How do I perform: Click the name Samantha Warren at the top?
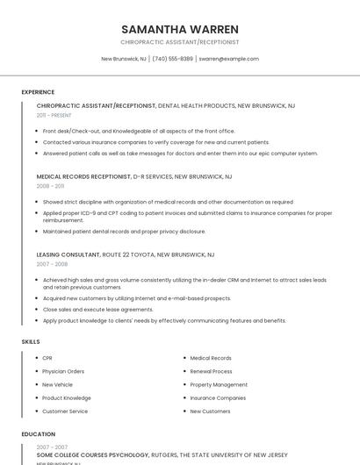click(x=180, y=28)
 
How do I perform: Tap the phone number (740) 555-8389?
click(x=172, y=59)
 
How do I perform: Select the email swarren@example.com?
click(x=228, y=59)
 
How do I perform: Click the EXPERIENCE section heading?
click(x=38, y=91)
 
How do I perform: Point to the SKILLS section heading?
click(x=31, y=341)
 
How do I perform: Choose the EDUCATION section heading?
click(x=38, y=433)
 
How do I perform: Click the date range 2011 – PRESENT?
click(x=54, y=115)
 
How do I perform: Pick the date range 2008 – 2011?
click(x=50, y=186)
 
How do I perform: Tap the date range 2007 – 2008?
click(x=52, y=263)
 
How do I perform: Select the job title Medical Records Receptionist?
click(x=83, y=176)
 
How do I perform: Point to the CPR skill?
click(x=47, y=358)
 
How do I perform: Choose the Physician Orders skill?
click(x=63, y=371)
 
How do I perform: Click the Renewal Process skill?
click(x=211, y=371)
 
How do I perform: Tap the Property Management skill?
click(x=219, y=384)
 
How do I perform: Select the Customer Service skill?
click(x=65, y=411)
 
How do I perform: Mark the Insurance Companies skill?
click(x=218, y=397)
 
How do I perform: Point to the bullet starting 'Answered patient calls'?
click(x=180, y=153)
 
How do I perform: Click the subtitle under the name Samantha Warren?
click(x=180, y=41)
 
